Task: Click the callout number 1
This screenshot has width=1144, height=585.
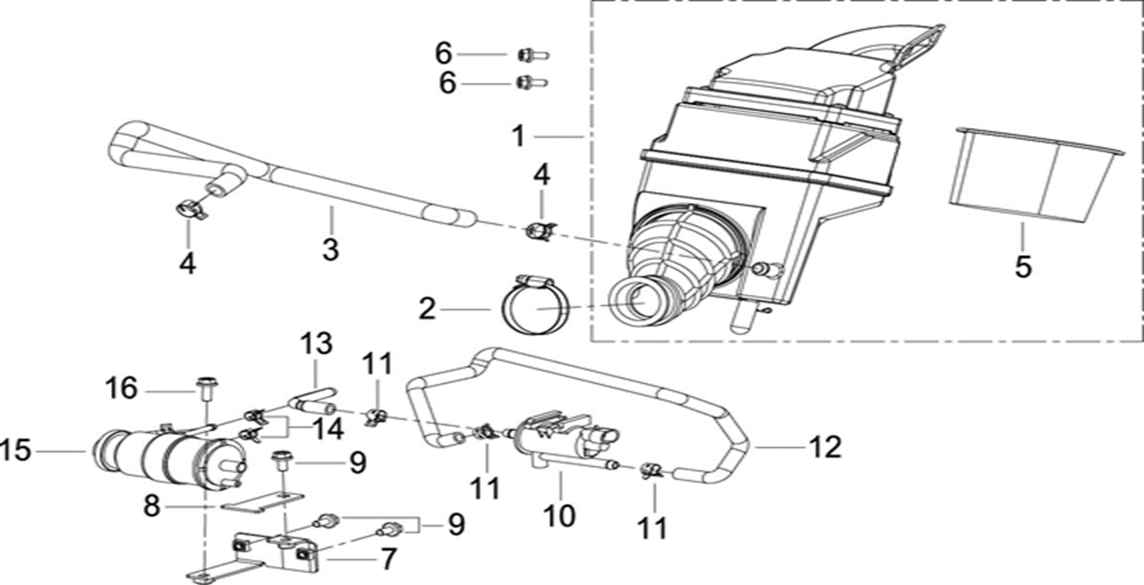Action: pos(519,136)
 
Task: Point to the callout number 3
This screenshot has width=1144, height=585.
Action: pos(330,250)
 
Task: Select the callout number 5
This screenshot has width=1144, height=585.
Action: pos(1023,267)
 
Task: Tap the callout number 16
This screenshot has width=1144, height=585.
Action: pos(121,389)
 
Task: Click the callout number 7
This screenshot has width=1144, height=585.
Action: pos(388,560)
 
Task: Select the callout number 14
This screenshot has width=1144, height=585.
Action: pos(326,429)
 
